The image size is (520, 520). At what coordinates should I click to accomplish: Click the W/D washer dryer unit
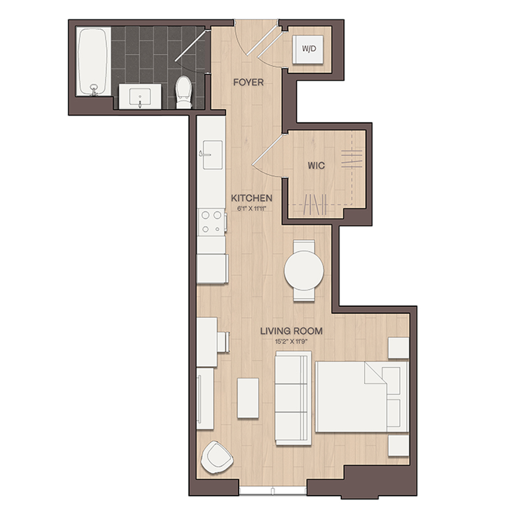[x=308, y=49]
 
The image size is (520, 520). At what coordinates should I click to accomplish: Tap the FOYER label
[x=248, y=82]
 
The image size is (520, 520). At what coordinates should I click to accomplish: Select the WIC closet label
[x=316, y=165]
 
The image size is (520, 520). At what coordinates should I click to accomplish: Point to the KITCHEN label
[x=251, y=198]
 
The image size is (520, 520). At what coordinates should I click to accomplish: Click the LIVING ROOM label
[x=291, y=331]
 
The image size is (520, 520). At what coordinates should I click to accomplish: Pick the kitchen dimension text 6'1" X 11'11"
[x=251, y=209]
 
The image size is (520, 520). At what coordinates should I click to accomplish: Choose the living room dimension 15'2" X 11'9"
[x=292, y=341]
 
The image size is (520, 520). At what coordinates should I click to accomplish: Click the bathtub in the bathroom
[x=93, y=62]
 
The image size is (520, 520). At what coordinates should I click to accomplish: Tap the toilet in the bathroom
[x=184, y=92]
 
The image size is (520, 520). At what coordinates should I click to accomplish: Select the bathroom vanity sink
[x=140, y=96]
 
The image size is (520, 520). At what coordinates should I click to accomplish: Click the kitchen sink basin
[x=213, y=154]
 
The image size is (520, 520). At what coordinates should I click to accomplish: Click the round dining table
[x=304, y=270]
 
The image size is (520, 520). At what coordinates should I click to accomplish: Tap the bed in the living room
[x=362, y=397]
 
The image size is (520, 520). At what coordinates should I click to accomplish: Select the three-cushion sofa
[x=293, y=398]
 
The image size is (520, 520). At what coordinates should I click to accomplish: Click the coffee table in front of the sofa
[x=248, y=398]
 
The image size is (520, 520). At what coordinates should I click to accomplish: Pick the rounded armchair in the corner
[x=217, y=458]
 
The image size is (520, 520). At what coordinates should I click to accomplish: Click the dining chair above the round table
[x=304, y=246]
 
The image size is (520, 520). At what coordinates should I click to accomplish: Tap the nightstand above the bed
[x=398, y=348]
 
